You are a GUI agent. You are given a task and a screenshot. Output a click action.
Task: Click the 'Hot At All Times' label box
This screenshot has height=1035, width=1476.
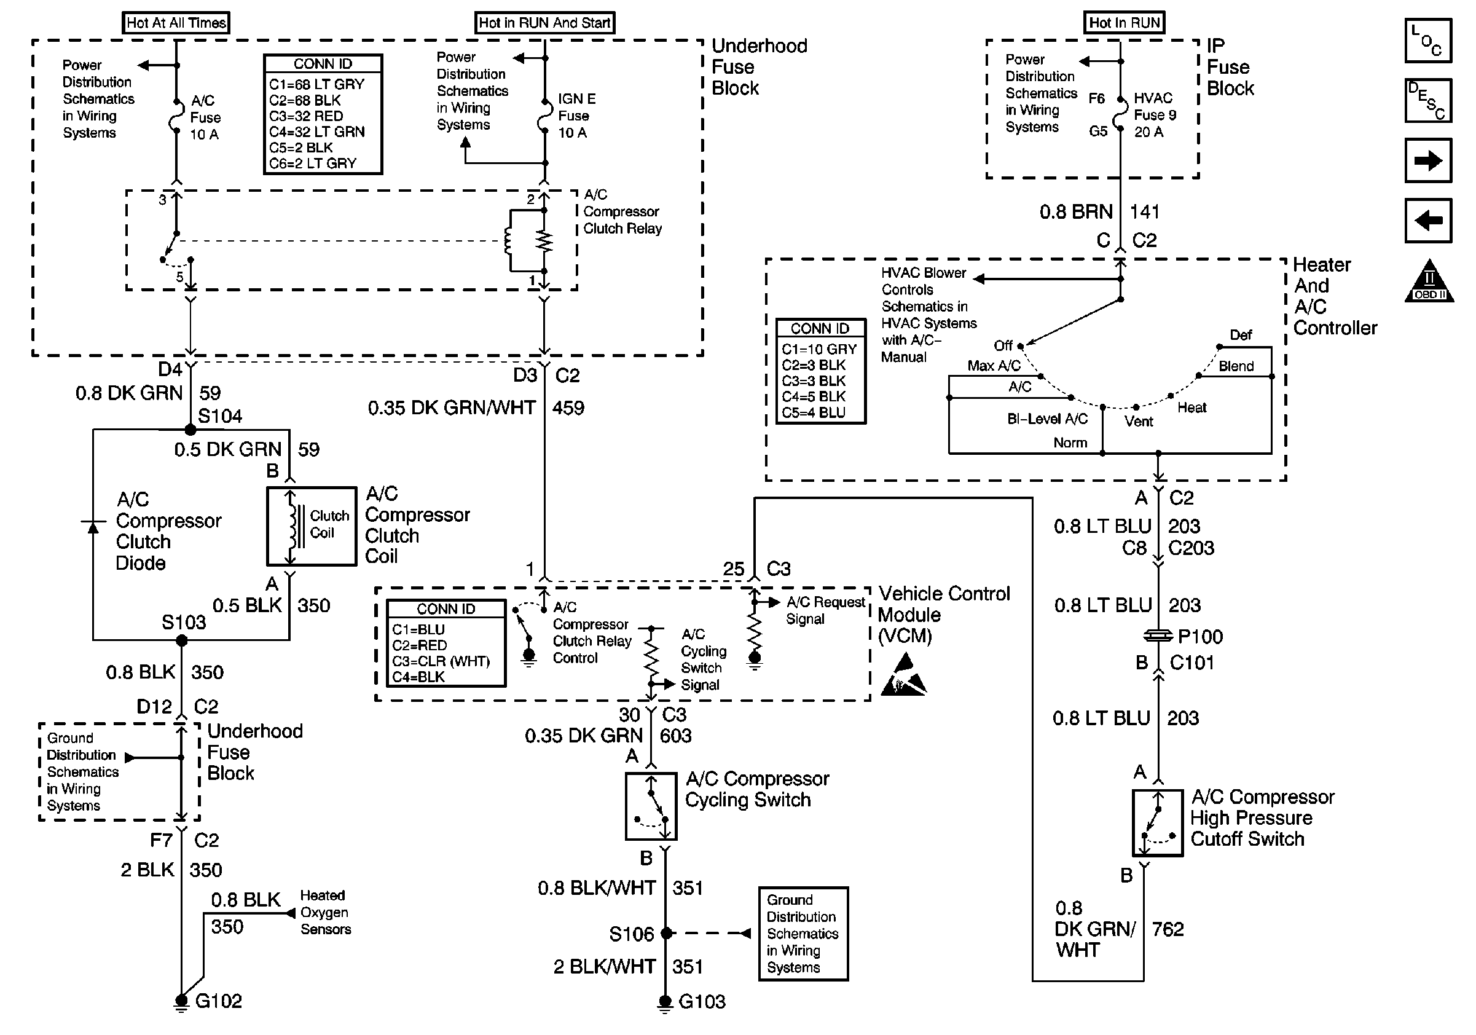click(176, 23)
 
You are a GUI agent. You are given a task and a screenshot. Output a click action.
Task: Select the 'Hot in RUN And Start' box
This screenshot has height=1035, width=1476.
click(544, 23)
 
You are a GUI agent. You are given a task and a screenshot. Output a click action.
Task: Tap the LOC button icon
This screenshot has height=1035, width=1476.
click(1428, 41)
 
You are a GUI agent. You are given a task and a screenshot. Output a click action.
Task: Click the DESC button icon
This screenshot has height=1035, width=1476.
click(1428, 100)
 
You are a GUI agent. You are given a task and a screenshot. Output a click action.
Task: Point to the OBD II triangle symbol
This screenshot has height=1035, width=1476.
click(1429, 281)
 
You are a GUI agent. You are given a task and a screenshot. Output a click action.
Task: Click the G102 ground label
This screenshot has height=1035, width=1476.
click(218, 1001)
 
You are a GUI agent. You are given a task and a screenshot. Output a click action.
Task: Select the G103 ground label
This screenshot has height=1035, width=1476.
click(701, 1002)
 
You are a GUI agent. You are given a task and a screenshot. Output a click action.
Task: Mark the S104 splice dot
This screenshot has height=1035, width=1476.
click(190, 430)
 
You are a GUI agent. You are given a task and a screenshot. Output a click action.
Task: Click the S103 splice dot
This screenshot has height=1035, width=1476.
click(182, 640)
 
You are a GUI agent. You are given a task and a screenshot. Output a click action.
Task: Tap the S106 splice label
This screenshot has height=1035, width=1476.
click(631, 934)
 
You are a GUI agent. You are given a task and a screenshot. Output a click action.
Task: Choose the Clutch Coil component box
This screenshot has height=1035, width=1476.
click(312, 527)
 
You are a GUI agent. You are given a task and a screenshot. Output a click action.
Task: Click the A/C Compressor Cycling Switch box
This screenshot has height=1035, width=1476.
click(651, 806)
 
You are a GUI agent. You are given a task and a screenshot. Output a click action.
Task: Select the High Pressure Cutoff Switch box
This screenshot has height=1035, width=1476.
click(1157, 823)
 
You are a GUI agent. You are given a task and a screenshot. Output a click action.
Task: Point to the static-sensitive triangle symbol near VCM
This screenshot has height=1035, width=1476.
click(904, 675)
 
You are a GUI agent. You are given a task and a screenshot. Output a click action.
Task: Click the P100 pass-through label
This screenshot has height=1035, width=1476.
click(1199, 637)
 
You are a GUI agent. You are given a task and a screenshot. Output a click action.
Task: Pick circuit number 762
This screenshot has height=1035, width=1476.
click(1168, 929)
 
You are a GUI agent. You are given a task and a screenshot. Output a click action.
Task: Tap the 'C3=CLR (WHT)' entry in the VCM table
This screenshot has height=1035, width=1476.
click(441, 661)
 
